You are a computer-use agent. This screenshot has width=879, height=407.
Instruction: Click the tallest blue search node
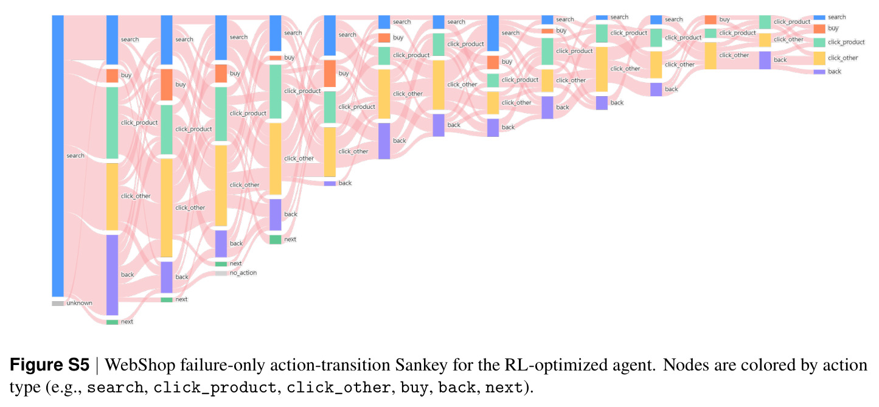tap(58, 156)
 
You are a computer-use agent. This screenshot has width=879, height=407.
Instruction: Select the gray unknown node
tap(58, 304)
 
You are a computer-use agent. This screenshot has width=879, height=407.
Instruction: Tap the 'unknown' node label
tap(79, 303)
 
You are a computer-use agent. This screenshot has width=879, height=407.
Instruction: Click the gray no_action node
tap(221, 273)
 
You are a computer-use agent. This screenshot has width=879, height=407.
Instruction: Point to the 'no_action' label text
tap(243, 273)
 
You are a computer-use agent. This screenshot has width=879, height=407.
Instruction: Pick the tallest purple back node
tap(112, 275)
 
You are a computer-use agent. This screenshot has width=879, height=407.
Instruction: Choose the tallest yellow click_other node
tap(167, 207)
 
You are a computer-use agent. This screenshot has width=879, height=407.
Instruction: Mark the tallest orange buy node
tap(167, 85)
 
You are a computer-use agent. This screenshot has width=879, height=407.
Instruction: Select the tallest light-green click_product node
tap(112, 123)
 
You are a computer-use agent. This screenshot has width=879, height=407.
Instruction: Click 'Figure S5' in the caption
tap(49, 365)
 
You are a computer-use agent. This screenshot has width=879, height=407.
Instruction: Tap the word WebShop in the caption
tap(140, 366)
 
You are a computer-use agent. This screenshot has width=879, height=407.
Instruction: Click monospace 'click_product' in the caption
tap(214, 388)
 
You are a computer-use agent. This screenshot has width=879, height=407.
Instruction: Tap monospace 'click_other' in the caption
tap(338, 388)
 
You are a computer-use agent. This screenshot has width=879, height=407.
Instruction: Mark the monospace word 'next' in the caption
tap(504, 388)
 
